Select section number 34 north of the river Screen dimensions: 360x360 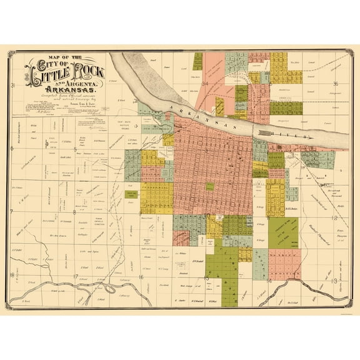pyautogui.click(x=205, y=83)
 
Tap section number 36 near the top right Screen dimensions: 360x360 pyautogui.click(x=335, y=83)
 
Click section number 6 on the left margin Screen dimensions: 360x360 pyautogui.click(x=12, y=149)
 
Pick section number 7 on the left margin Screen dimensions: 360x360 pyautogui.click(x=12, y=212)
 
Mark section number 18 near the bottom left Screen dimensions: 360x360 pyautogui.click(x=12, y=274)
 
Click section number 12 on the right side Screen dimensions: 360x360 pyautogui.click(x=335, y=218)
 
